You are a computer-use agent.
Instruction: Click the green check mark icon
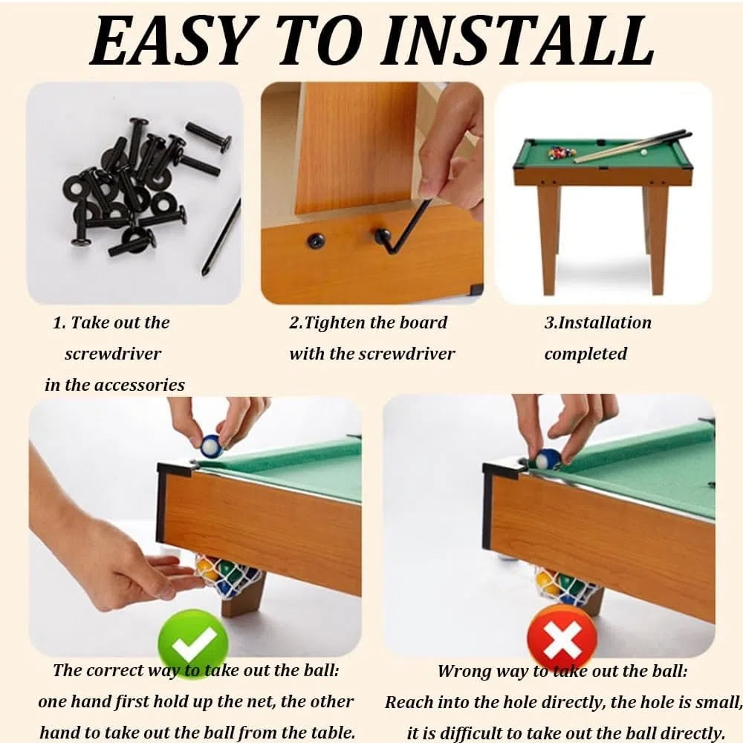[x=193, y=643]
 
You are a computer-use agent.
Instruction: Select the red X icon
[x=562, y=637]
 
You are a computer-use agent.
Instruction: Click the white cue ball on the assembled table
[x=643, y=152]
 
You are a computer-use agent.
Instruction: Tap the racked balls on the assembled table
[x=562, y=152]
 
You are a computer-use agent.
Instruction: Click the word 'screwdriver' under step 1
[x=113, y=354]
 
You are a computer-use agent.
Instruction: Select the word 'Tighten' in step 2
[x=334, y=323]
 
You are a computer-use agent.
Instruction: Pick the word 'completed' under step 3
[x=585, y=354]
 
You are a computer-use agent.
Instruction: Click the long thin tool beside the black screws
[x=221, y=237]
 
